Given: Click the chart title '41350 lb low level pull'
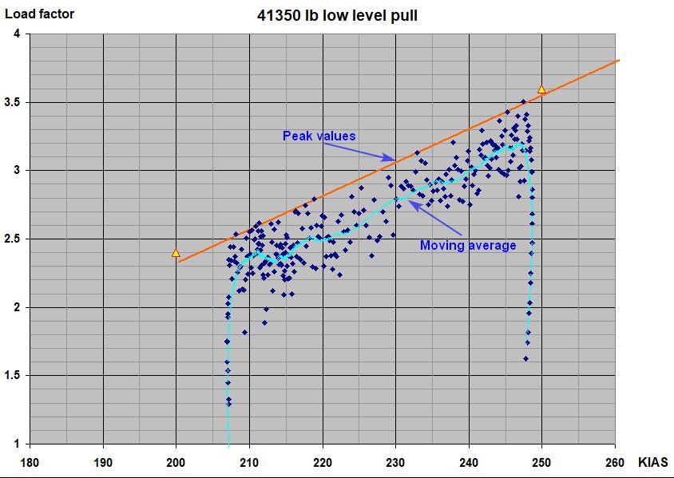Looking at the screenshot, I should coord(336,14).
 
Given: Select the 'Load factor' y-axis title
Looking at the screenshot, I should coord(39,14).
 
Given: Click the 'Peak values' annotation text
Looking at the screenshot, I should coord(319,136).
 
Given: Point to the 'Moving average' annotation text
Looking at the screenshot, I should coord(468,245).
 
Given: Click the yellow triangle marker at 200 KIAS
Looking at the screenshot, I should coord(176,252).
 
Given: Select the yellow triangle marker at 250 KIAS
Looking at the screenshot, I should coord(541,89).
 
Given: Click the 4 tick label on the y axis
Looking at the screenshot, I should coord(18,34).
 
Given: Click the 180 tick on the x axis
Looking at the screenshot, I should coord(30,462).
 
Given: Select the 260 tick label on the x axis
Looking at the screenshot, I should coord(615,462).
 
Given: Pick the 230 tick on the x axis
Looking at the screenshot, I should coord(395,462).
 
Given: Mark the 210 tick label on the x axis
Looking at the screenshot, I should coord(249,462).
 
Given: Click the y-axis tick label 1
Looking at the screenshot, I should coord(18,444).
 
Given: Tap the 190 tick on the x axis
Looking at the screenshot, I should coord(103,462).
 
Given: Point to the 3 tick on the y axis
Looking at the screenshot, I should coord(18,171).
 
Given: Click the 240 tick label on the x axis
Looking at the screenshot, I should coord(469,462).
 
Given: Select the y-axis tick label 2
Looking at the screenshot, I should coord(18,308).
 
